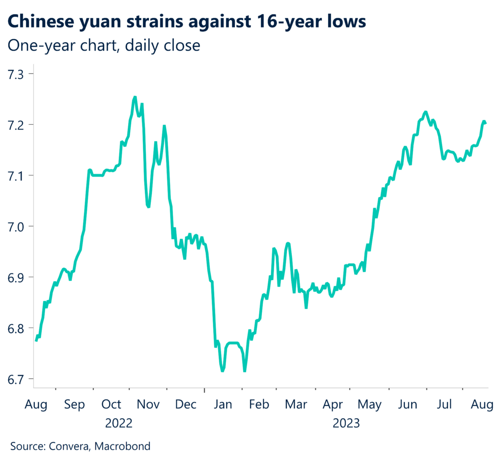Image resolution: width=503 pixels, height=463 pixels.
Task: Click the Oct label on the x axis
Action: click(x=111, y=405)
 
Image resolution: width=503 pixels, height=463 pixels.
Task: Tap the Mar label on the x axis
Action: click(x=296, y=405)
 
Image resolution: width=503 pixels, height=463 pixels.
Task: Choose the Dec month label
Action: click(x=186, y=405)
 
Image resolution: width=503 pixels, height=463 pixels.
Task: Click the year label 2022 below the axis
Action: click(x=119, y=423)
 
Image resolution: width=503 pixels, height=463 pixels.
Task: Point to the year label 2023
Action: click(x=346, y=423)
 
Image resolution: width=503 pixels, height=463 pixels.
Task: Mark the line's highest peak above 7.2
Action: click(x=135, y=97)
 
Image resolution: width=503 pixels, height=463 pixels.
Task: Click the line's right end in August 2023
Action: click(x=486, y=123)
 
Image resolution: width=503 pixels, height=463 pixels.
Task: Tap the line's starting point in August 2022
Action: click(x=36, y=340)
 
